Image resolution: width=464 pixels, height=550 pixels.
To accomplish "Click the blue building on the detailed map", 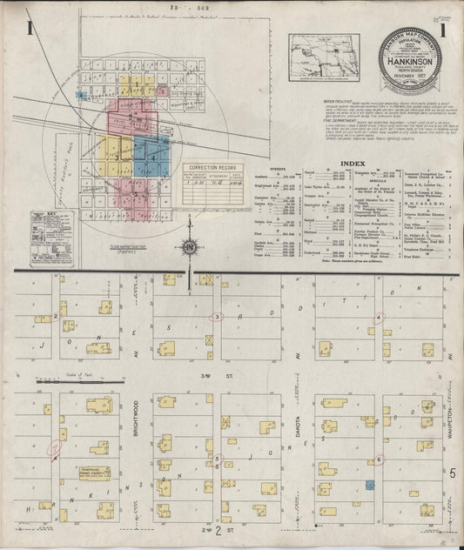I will point(370,484).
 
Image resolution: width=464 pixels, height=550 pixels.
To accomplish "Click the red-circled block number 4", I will point(378,318).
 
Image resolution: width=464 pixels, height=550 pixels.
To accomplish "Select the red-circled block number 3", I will point(219,317).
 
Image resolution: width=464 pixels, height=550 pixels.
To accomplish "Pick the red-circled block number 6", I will point(379,459).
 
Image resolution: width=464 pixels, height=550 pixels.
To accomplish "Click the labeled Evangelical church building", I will point(98,475).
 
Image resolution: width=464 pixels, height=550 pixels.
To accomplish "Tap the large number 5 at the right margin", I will point(453,473).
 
